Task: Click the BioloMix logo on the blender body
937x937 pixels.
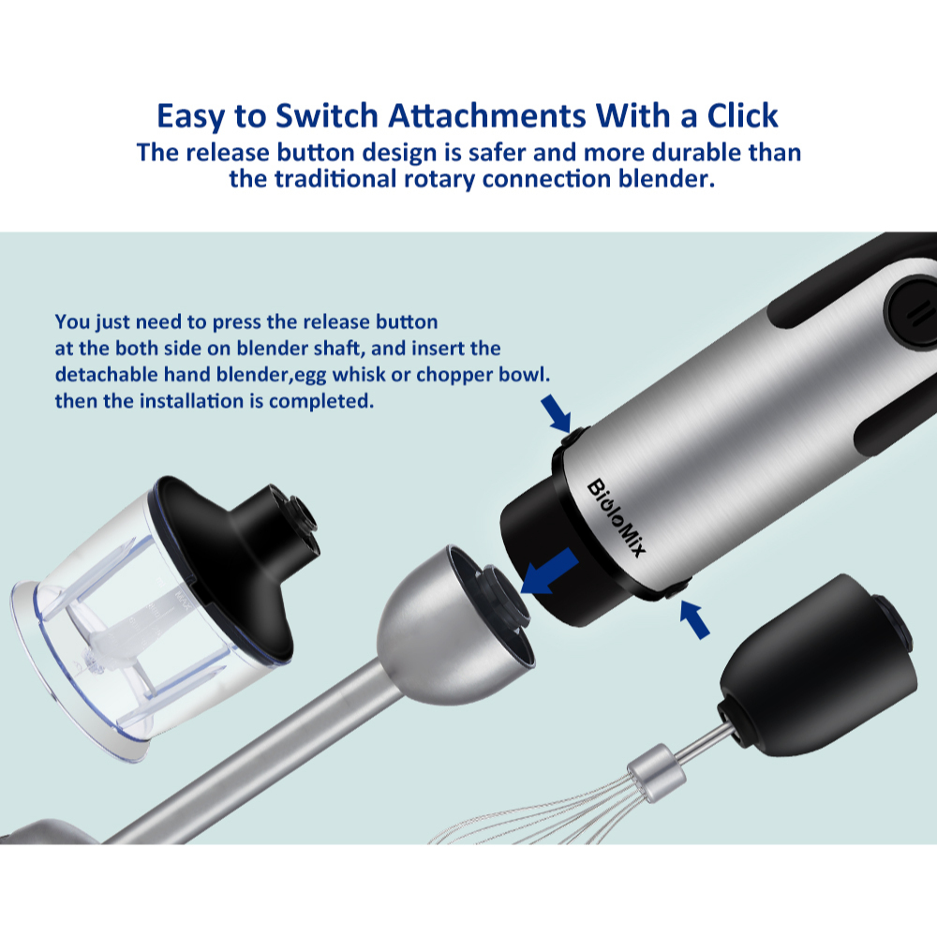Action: pyautogui.click(x=617, y=518)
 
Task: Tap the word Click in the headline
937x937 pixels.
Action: pyautogui.click(x=743, y=115)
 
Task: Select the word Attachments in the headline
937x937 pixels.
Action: pyautogui.click(x=487, y=115)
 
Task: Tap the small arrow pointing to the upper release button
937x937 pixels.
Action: pyautogui.click(x=556, y=413)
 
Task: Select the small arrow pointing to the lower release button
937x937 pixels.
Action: pyautogui.click(x=695, y=619)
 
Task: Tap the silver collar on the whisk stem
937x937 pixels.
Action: pyautogui.click(x=656, y=773)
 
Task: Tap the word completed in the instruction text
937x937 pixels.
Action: pyautogui.click(x=321, y=402)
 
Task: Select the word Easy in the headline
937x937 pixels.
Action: pyautogui.click(x=191, y=116)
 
